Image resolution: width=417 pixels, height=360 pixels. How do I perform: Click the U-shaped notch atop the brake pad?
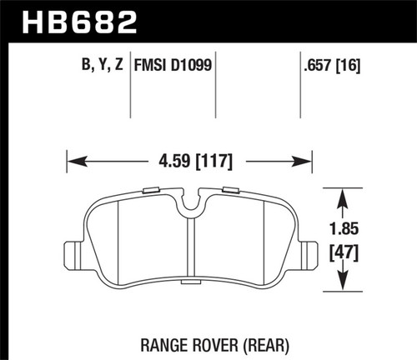(192, 201)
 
